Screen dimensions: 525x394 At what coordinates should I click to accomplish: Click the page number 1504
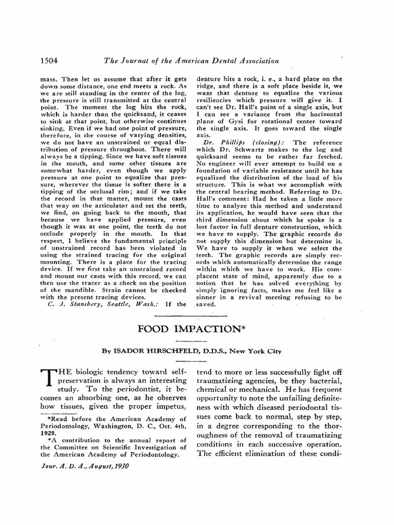(x=49, y=60)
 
